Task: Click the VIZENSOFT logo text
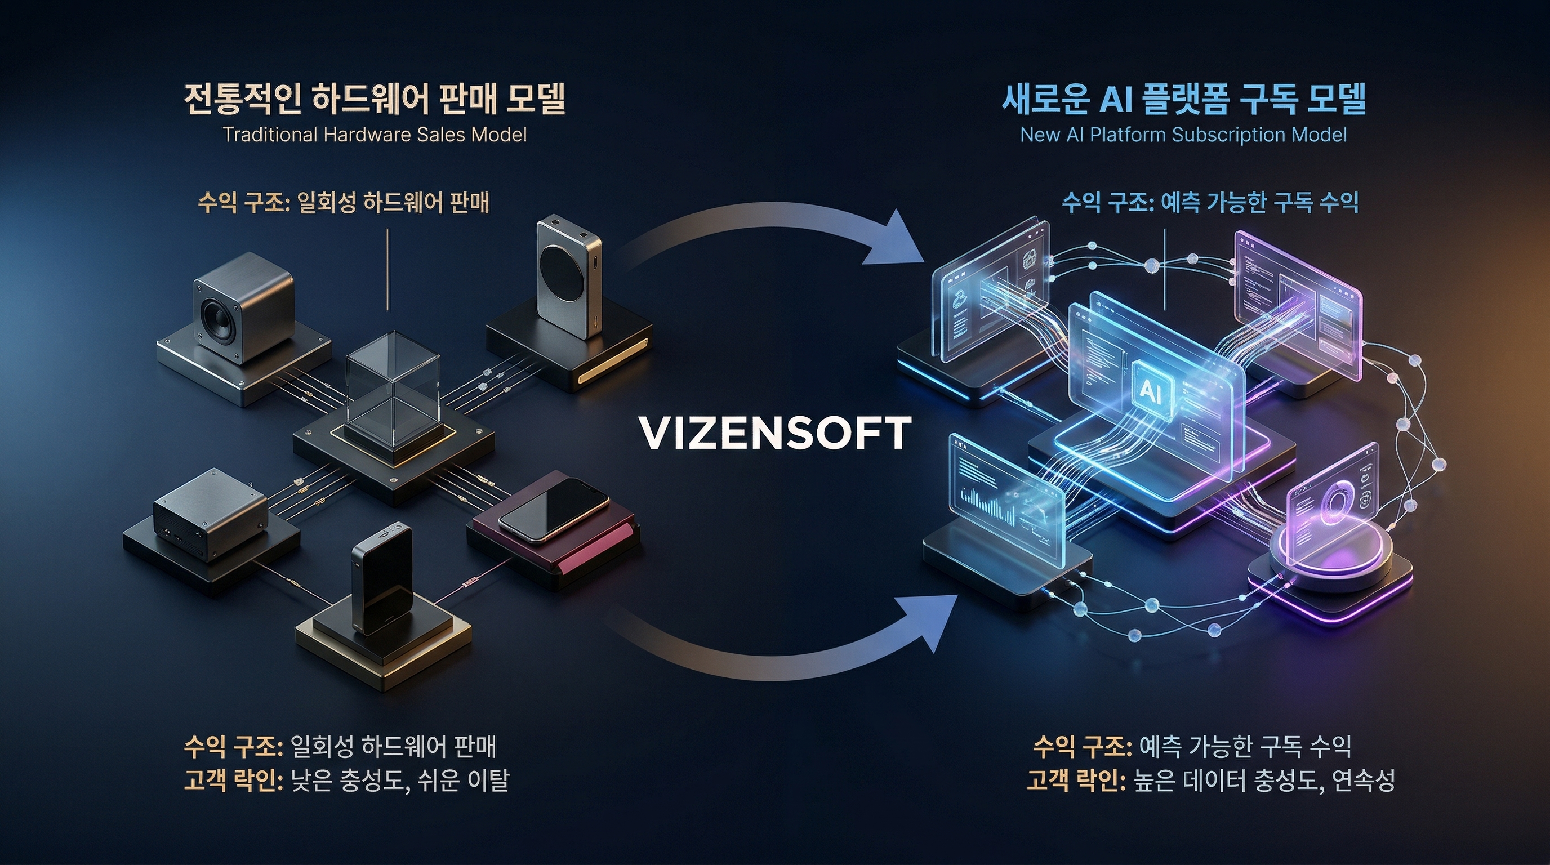tap(774, 433)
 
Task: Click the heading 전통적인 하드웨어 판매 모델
tap(373, 99)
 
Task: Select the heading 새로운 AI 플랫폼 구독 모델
tap(1183, 99)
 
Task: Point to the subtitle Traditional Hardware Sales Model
tap(374, 135)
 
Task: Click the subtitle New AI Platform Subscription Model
tap(1183, 135)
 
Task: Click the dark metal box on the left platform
tap(208, 514)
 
